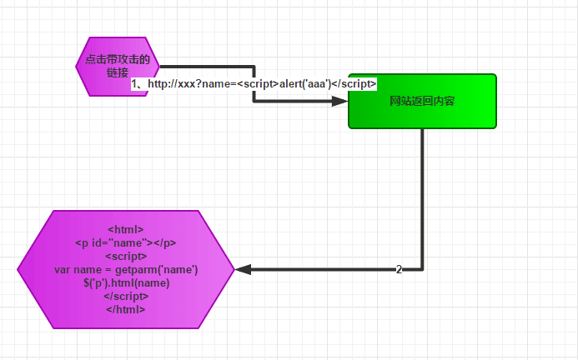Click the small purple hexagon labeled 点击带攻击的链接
pos(118,67)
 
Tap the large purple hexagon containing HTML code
pos(126,268)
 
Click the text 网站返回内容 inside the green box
pos(422,102)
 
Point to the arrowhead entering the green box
pos(340,101)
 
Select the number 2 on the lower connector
pos(399,269)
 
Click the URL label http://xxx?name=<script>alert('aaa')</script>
pos(254,84)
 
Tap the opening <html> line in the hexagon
pos(126,229)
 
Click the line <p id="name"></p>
pos(126,242)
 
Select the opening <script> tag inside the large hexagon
pos(126,256)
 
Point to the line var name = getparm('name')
pos(126,269)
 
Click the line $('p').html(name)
pos(126,282)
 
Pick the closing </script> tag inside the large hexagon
pos(126,296)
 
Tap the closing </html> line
pos(126,309)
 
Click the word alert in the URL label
pos(293,84)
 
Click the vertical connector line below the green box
pos(422,200)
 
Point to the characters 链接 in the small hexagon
pos(118,72)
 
